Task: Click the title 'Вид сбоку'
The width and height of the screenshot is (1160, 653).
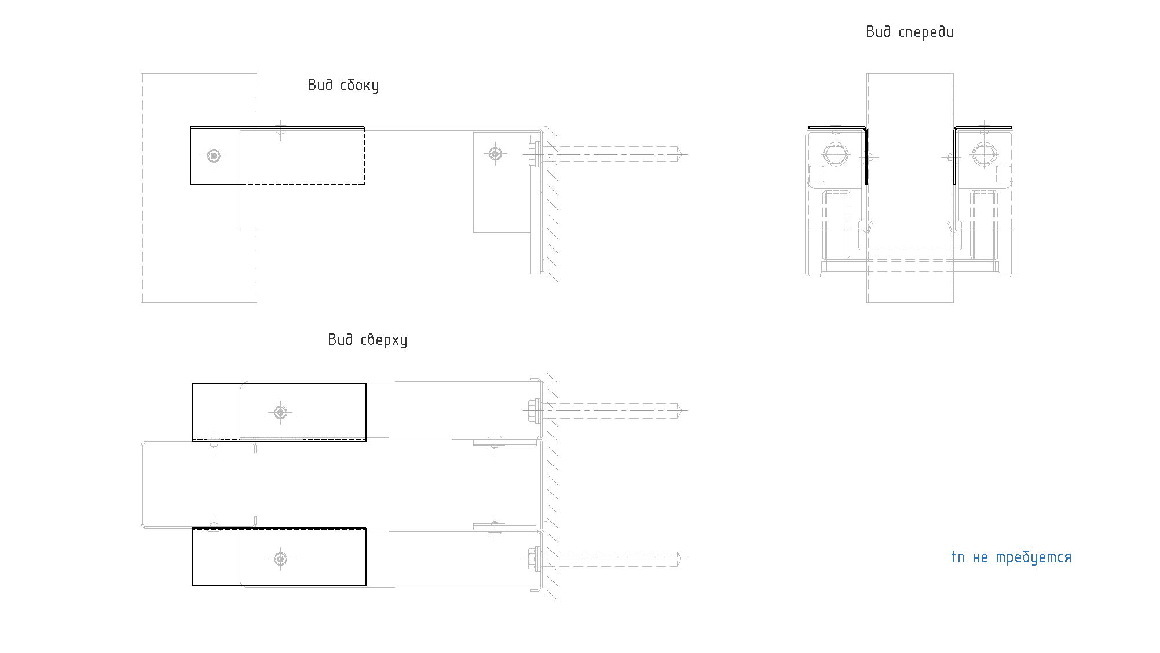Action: [343, 86]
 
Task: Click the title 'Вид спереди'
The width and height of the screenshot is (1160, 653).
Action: [909, 32]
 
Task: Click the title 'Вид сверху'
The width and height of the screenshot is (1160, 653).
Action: [367, 340]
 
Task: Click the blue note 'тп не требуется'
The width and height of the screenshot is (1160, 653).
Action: [1011, 557]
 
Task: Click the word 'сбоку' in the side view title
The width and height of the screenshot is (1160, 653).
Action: [360, 86]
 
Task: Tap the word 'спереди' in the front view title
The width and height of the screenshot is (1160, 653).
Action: [925, 32]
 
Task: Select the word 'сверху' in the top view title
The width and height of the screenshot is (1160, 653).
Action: [384, 340]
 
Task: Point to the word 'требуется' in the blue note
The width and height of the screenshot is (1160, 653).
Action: [1034, 557]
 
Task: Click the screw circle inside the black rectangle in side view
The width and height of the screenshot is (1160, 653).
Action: [214, 156]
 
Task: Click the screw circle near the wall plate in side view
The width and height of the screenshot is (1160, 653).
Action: [495, 153]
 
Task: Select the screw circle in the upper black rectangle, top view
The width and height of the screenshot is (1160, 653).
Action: [280, 412]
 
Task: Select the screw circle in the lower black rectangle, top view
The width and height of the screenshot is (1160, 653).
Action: [280, 559]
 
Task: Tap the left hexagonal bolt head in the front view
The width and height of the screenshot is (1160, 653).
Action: [836, 155]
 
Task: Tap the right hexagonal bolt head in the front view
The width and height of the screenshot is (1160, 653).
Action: [985, 155]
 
